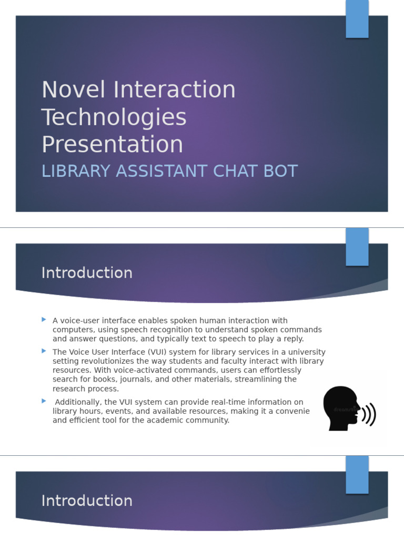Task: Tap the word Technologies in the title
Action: [x=114, y=117]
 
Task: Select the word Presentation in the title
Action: [x=112, y=145]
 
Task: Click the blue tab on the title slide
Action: [x=357, y=19]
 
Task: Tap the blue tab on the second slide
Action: [x=357, y=246]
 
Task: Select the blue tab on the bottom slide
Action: [x=357, y=474]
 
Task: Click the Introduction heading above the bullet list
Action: [x=87, y=273]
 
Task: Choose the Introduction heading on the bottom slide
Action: [x=87, y=501]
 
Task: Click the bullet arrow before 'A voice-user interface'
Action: [x=44, y=320]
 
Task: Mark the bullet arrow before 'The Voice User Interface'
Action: [x=44, y=351]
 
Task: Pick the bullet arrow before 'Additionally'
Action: [x=44, y=401]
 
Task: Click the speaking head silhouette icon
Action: [x=341, y=408]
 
